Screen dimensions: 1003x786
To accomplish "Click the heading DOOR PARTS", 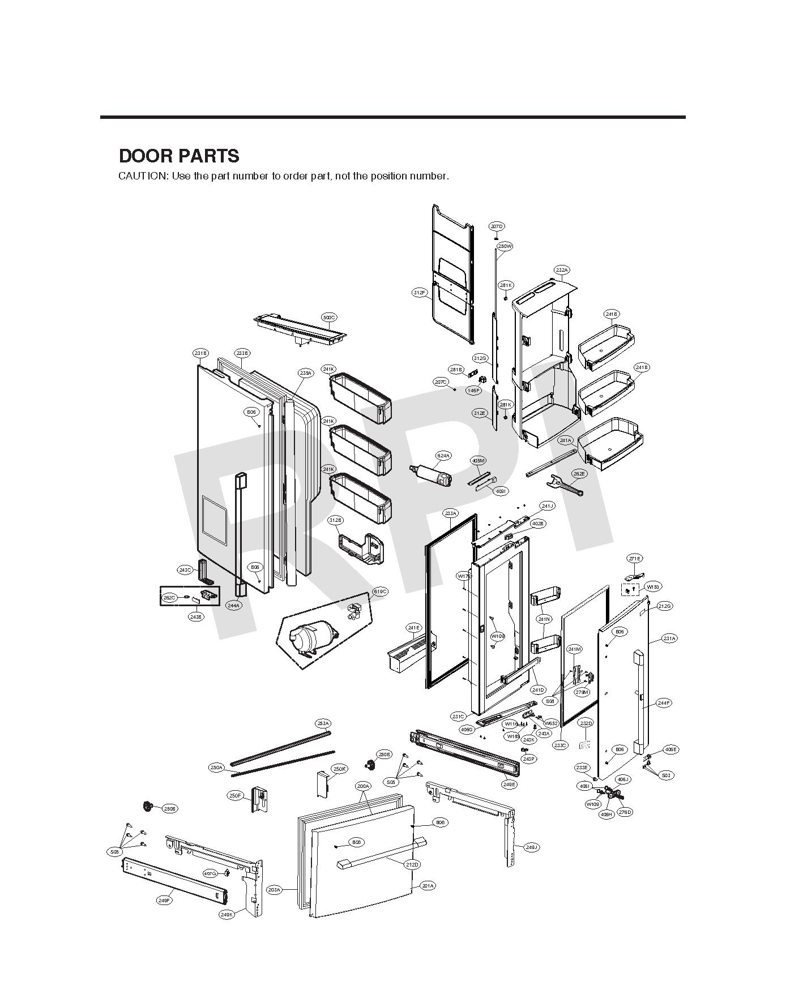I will click(x=179, y=156).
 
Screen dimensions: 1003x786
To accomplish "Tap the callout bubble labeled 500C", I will click(x=329, y=318).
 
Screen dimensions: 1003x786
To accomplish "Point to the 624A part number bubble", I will click(x=443, y=456).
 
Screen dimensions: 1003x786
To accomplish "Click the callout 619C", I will click(x=380, y=591).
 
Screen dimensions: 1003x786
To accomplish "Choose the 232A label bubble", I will click(x=562, y=271).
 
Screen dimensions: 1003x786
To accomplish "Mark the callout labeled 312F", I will click(x=420, y=293).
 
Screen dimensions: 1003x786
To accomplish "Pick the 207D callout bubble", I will click(x=497, y=226).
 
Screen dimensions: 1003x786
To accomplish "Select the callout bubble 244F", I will click(x=664, y=703).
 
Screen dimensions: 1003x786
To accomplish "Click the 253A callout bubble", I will click(x=323, y=724).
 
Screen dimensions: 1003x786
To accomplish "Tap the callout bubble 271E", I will click(x=635, y=559).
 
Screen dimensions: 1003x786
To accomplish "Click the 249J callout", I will click(x=531, y=847).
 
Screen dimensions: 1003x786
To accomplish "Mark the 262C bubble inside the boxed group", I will click(x=169, y=598).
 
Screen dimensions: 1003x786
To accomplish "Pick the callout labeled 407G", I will click(x=210, y=873).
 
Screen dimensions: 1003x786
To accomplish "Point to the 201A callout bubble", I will click(x=428, y=886).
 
